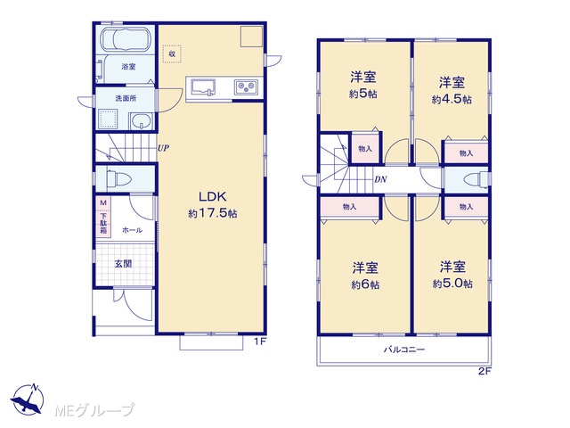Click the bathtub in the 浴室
tap(125, 39)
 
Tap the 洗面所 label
tap(126, 98)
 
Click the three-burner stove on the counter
tap(246, 87)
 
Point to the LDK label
tap(213, 197)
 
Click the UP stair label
tap(163, 148)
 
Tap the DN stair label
tap(380, 179)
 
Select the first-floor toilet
tap(118, 178)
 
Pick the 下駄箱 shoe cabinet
tap(103, 217)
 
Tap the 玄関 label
tap(123, 264)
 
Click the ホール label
tap(133, 230)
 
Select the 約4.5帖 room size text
tap(452, 99)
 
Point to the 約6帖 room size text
tap(365, 284)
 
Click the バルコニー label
tap(404, 350)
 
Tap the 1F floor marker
tap(260, 342)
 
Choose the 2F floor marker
tap(484, 372)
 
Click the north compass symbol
tap(28, 399)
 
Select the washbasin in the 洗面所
tap(142, 121)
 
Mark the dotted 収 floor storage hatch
tap(172, 53)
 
